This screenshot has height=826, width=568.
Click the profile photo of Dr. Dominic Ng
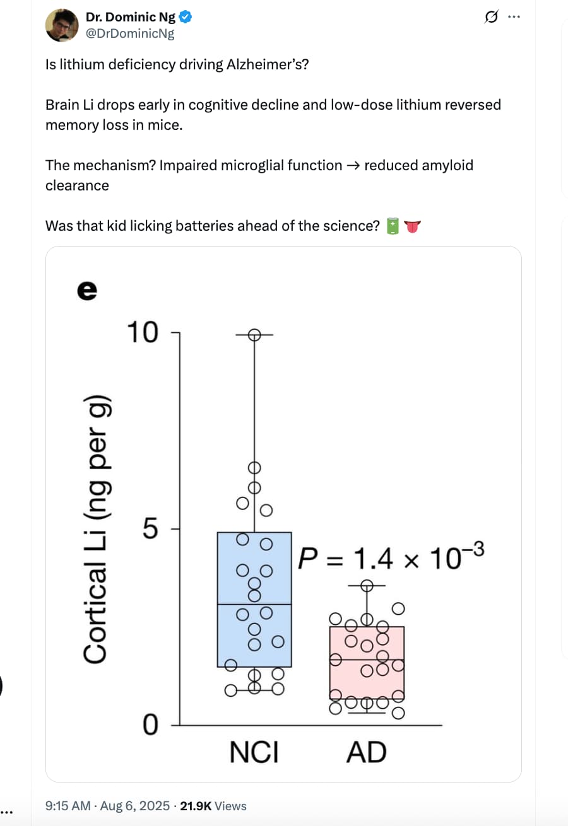[x=62, y=25]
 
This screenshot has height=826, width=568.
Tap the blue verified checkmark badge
[x=186, y=17]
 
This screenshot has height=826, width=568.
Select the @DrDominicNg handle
[x=130, y=33]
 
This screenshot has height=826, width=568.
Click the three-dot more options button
[x=514, y=16]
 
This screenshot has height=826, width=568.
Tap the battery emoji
[x=393, y=226]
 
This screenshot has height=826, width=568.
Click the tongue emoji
[x=412, y=226]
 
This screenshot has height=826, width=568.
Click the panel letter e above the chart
[x=88, y=291]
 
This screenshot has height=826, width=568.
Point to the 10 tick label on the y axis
[x=143, y=332]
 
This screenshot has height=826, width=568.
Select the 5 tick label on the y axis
[x=150, y=528]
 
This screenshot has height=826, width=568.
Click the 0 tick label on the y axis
[x=151, y=724]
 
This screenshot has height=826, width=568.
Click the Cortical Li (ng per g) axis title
[x=96, y=530]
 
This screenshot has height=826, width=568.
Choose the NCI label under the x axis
[x=254, y=752]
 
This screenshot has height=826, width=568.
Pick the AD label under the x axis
[x=367, y=752]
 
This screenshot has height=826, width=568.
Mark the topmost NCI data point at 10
[x=254, y=335]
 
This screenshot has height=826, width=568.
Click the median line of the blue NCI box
[x=254, y=605]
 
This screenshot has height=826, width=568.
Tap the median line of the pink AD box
[x=367, y=660]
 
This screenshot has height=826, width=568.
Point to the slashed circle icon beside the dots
[x=491, y=16]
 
